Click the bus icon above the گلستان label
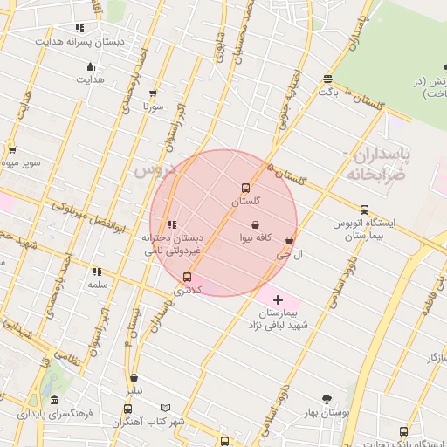[245, 188]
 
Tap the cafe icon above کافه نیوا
[255, 224]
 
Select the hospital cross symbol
[279, 299]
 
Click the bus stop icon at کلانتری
[187, 278]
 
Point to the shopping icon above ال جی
[290, 241]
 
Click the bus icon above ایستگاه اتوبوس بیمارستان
[364, 210]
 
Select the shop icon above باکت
[327, 78]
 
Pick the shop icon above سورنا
[154, 93]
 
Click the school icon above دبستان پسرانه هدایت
[80, 28]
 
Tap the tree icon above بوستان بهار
[327, 399]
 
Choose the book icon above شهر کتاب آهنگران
[127, 409]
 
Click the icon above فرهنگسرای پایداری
[54, 400]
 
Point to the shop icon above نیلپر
[134, 378]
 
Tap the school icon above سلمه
[97, 272]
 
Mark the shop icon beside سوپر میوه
[11, 149]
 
